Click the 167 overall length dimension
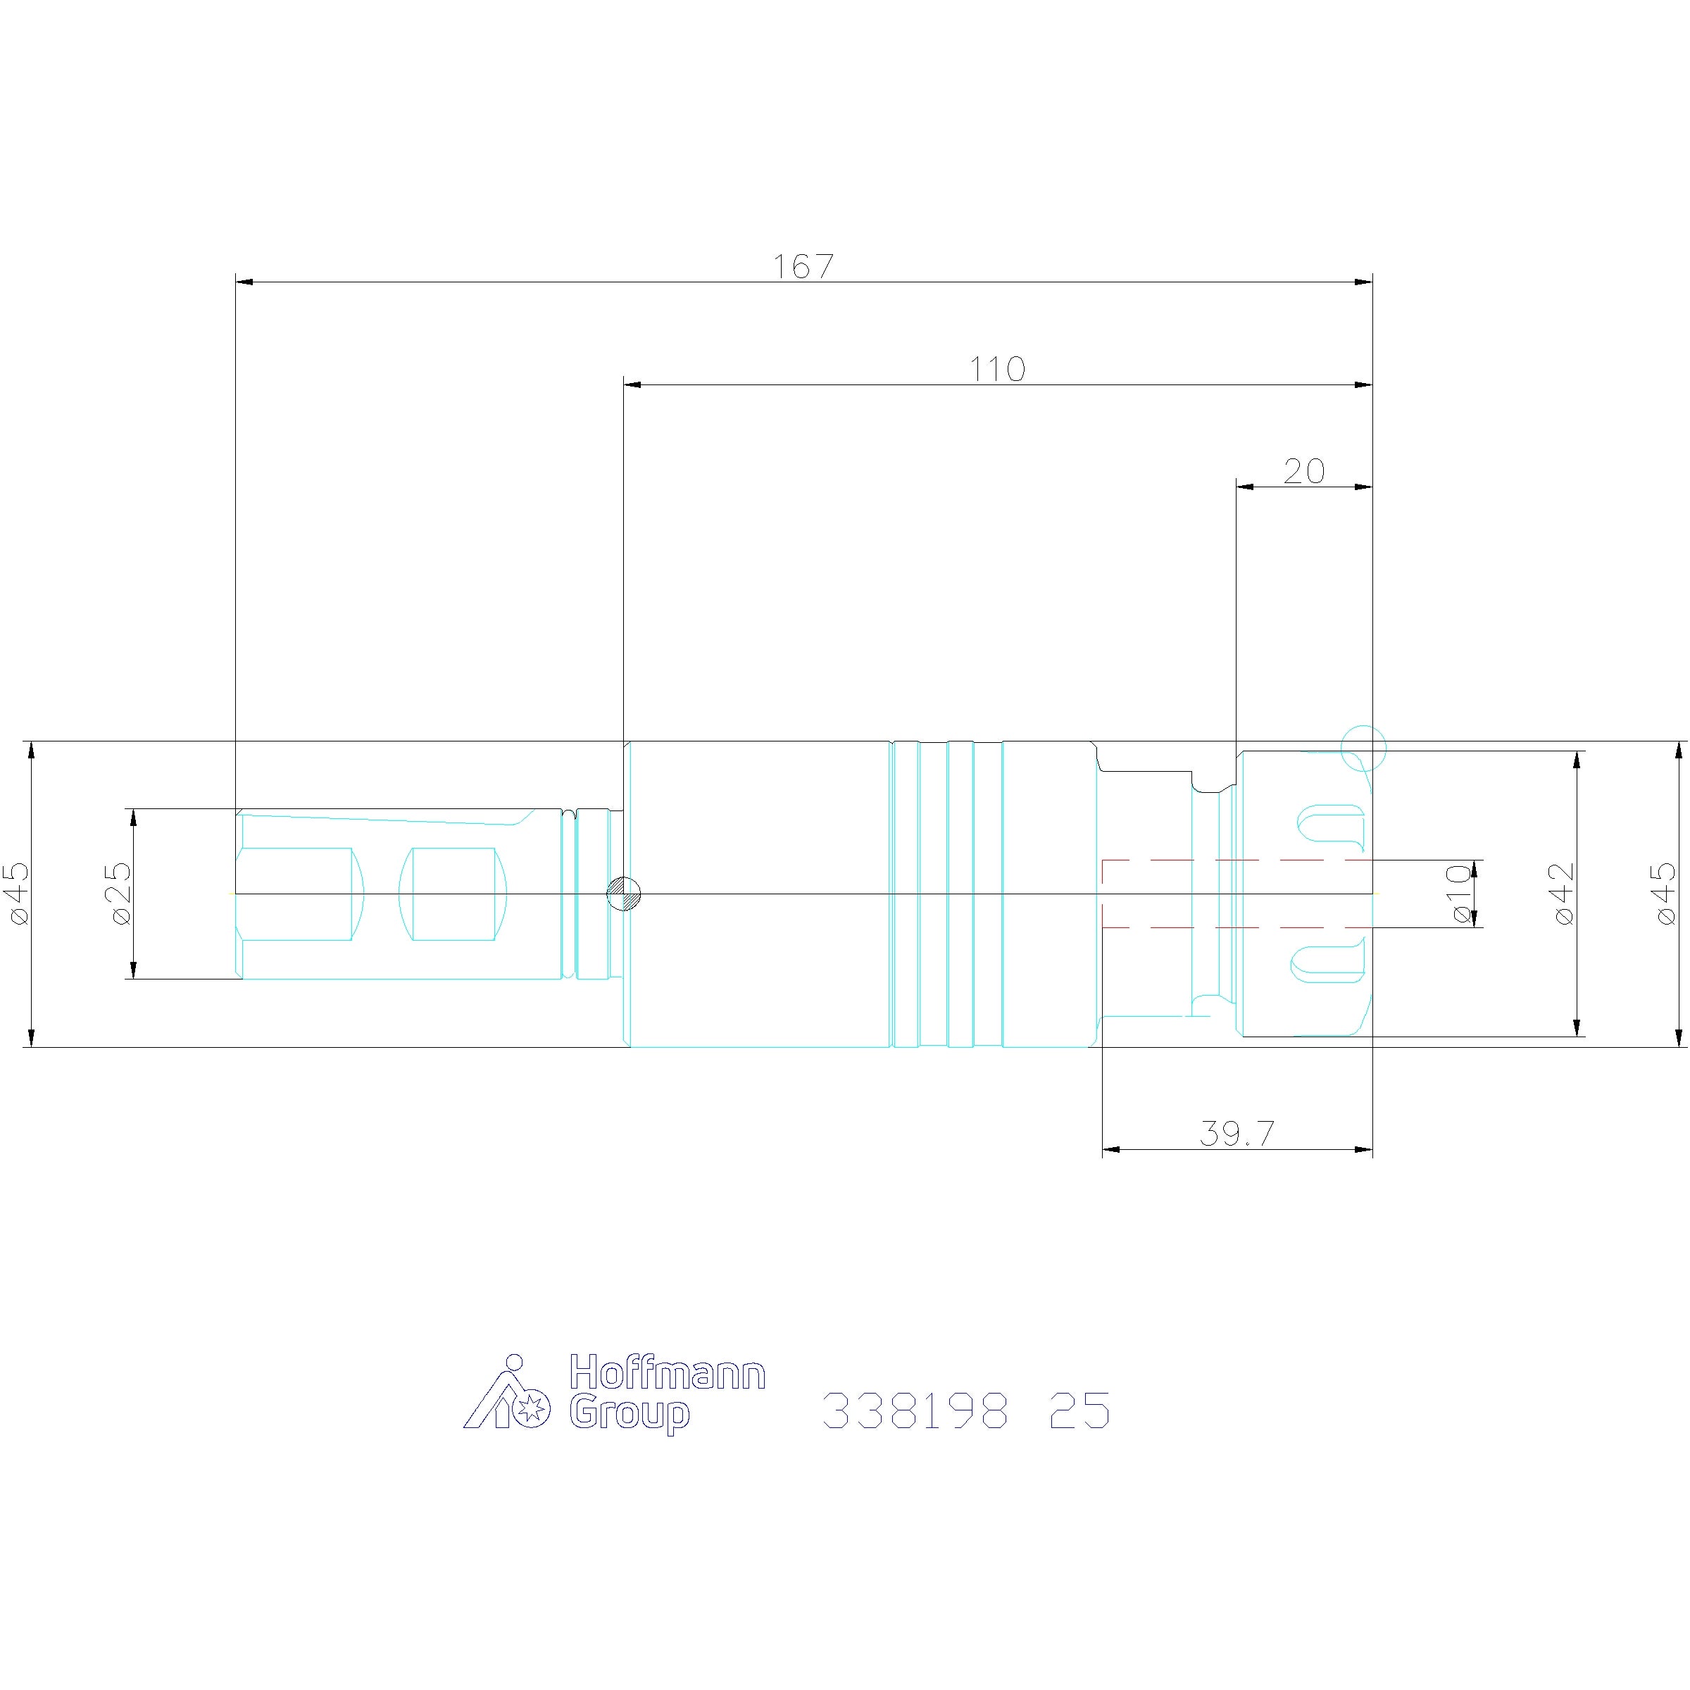tap(803, 266)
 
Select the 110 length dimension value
tap(997, 369)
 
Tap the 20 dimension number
tap(1304, 472)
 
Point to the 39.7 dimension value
tap(1237, 1134)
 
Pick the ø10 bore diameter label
tap(1459, 893)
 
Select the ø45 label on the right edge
tap(1664, 893)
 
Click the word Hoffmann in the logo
tap(668, 1372)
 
